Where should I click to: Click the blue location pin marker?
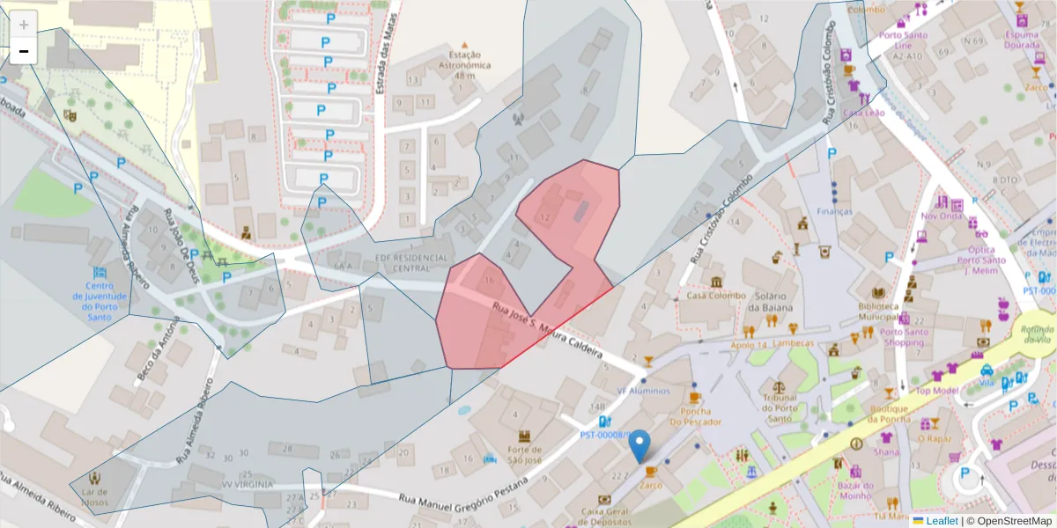click(x=641, y=445)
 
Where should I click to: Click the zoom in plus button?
click(x=24, y=25)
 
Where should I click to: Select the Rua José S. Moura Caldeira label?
click(x=546, y=331)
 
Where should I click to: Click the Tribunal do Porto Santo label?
click(x=779, y=402)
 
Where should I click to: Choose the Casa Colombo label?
click(x=715, y=296)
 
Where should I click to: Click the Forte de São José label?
click(x=525, y=457)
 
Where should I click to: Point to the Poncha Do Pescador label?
click(x=695, y=416)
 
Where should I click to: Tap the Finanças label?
click(x=834, y=211)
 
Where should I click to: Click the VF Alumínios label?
click(x=643, y=391)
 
